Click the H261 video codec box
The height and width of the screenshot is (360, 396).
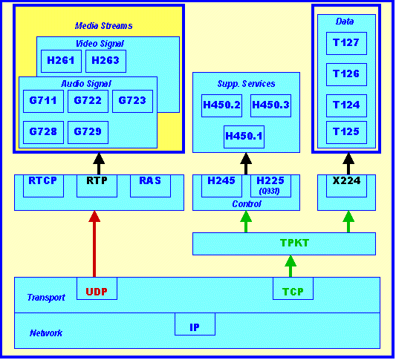(61, 61)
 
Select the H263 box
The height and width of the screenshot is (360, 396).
(106, 61)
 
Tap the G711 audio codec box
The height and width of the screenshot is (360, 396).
(43, 101)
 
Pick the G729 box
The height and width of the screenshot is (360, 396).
(88, 132)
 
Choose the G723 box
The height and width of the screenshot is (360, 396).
(132, 101)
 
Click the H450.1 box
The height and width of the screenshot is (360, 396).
(244, 137)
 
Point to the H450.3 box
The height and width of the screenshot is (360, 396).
(270, 105)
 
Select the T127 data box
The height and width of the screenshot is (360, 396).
(346, 43)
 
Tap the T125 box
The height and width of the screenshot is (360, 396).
(346, 132)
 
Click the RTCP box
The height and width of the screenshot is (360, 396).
(43, 186)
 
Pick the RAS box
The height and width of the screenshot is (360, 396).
(150, 186)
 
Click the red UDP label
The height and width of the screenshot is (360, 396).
(97, 292)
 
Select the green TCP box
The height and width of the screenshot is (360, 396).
(293, 289)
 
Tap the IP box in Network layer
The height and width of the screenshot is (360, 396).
(195, 324)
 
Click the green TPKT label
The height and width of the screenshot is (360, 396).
(294, 243)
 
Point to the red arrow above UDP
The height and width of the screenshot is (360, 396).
(94, 243)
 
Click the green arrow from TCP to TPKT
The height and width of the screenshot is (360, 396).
(290, 266)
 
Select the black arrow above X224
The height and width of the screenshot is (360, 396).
(348, 163)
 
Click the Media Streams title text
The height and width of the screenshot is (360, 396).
(103, 26)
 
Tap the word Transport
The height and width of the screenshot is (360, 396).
(46, 298)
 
